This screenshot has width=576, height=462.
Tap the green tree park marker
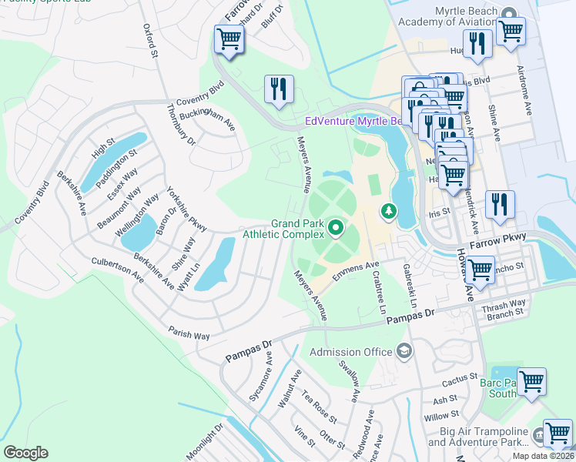tap(390, 210)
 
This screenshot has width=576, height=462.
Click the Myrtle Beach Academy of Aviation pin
tap(509, 15)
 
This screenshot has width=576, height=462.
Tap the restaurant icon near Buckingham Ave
tap(278, 89)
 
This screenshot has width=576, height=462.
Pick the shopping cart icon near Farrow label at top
tap(229, 38)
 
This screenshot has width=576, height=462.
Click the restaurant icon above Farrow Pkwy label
tap(500, 206)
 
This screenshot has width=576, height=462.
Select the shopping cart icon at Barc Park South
tap(531, 383)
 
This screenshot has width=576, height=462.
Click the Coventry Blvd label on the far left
tap(31, 202)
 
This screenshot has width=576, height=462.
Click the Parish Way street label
tap(189, 332)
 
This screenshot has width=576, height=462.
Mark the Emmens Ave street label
tap(351, 273)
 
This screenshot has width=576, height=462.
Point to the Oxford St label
tap(150, 41)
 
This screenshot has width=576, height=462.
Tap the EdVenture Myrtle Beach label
tap(354, 121)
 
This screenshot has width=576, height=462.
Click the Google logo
tap(25, 453)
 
